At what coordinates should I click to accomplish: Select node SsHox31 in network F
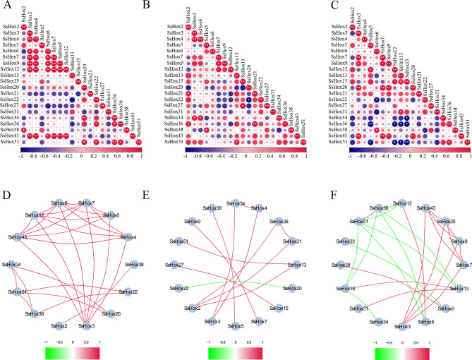353,308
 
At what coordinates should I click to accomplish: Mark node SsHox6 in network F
448,308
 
